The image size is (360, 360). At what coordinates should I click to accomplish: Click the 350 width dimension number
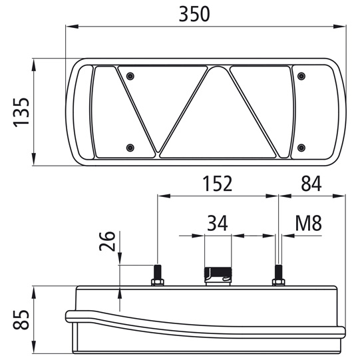click(x=194, y=14)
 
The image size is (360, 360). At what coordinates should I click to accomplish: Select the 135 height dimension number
click(x=21, y=112)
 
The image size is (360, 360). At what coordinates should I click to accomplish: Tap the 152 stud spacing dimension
click(x=218, y=184)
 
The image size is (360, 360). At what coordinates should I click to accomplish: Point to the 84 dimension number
click(x=311, y=184)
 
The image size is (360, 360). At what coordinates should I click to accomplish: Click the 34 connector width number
click(x=218, y=223)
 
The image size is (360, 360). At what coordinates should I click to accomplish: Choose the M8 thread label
click(x=308, y=223)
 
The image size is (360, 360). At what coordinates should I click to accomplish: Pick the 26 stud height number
click(x=107, y=241)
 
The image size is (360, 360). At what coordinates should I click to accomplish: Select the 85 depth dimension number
click(x=21, y=320)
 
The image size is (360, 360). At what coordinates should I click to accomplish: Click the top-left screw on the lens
click(x=130, y=76)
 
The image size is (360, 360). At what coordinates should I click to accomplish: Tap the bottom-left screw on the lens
click(x=130, y=148)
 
